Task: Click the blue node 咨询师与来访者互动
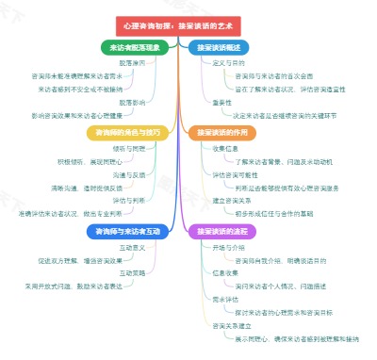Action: pyautogui.click(x=132, y=230)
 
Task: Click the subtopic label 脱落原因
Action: pyautogui.click(x=132, y=61)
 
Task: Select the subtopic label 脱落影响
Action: pyautogui.click(x=132, y=100)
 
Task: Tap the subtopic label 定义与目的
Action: pyautogui.click(x=230, y=61)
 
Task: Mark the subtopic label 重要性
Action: pyautogui.click(x=222, y=100)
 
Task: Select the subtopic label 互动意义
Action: pyautogui.click(x=132, y=247)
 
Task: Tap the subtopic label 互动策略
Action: pyautogui.click(x=132, y=272)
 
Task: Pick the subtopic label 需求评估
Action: pyautogui.click(x=226, y=298)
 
